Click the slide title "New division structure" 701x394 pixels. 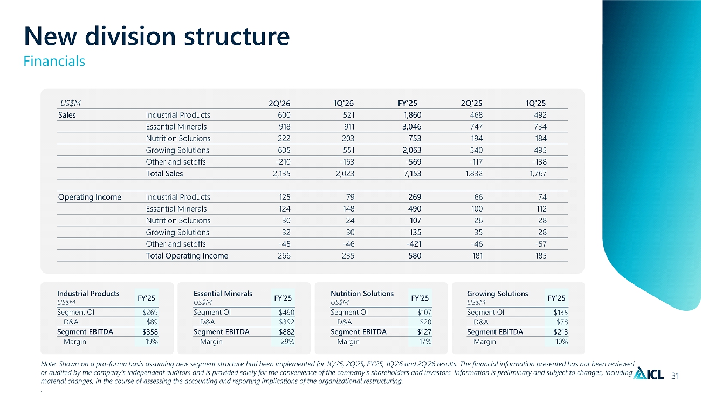[x=157, y=36]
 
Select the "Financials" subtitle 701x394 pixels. [x=54, y=61]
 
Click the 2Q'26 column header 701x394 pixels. [x=279, y=103]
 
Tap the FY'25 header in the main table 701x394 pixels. [x=408, y=103]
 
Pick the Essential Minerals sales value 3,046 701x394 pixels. [x=411, y=126]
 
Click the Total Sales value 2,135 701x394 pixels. [x=281, y=173]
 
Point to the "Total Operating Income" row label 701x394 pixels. [x=187, y=256]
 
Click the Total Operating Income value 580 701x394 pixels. [x=415, y=256]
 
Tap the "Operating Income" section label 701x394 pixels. [x=90, y=198]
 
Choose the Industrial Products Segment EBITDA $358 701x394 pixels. [x=150, y=332]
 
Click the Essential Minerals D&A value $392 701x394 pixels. [x=287, y=322]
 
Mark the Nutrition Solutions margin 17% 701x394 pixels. [x=425, y=342]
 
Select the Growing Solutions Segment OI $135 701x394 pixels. [x=560, y=313]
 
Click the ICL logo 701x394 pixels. [x=648, y=373]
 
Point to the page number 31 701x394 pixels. [x=675, y=376]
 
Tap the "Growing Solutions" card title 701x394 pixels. [x=497, y=294]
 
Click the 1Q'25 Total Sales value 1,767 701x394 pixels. [x=538, y=173]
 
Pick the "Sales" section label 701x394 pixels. [x=67, y=115]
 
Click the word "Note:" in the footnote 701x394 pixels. [x=49, y=364]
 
